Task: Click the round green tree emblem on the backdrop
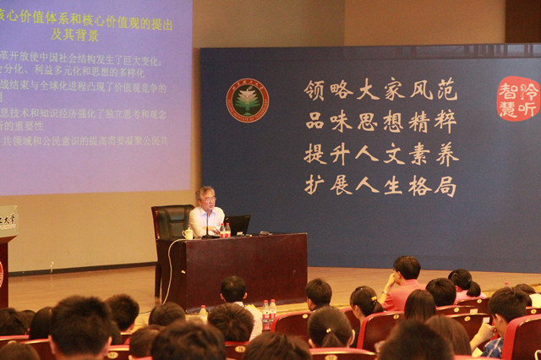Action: pyautogui.click(x=248, y=101)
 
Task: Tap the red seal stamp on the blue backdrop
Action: pyautogui.click(x=517, y=98)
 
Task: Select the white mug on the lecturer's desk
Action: pyautogui.click(x=188, y=233)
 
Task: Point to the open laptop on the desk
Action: pyautogui.click(x=238, y=225)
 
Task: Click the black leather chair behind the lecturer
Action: pyautogui.click(x=170, y=224)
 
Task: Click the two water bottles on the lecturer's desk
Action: pyautogui.click(x=226, y=230)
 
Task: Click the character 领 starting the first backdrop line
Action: pyautogui.click(x=314, y=90)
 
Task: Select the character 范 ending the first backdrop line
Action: pyautogui.click(x=445, y=90)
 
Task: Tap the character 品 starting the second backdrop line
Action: pyautogui.click(x=314, y=121)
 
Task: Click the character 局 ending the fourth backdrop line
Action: pyautogui.click(x=445, y=185)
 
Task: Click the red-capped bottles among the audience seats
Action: pyautogui.click(x=268, y=315)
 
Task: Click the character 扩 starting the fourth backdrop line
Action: pyautogui.click(x=314, y=185)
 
